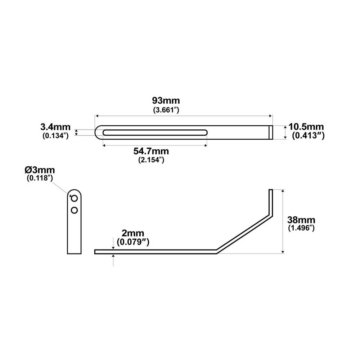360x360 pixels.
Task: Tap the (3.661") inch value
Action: pos(166,109)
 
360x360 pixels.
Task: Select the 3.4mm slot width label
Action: pos(54,127)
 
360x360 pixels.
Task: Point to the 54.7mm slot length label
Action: pos(151,151)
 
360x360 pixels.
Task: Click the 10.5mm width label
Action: pos(306,127)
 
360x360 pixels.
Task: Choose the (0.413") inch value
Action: pos(308,136)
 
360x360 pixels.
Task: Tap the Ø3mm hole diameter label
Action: pos(40,169)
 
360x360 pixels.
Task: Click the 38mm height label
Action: pos(302,220)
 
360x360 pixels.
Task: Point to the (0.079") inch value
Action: pos(133,242)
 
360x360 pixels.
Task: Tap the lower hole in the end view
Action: pos(75,210)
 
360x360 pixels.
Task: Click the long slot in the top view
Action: pos(155,132)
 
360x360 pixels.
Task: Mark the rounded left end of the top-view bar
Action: pos(97,132)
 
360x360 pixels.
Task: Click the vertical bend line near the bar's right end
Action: pos(270,132)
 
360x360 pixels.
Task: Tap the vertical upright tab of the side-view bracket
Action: pos(271,200)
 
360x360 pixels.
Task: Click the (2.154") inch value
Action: pos(151,160)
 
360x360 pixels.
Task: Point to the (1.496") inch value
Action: pos(302,228)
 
